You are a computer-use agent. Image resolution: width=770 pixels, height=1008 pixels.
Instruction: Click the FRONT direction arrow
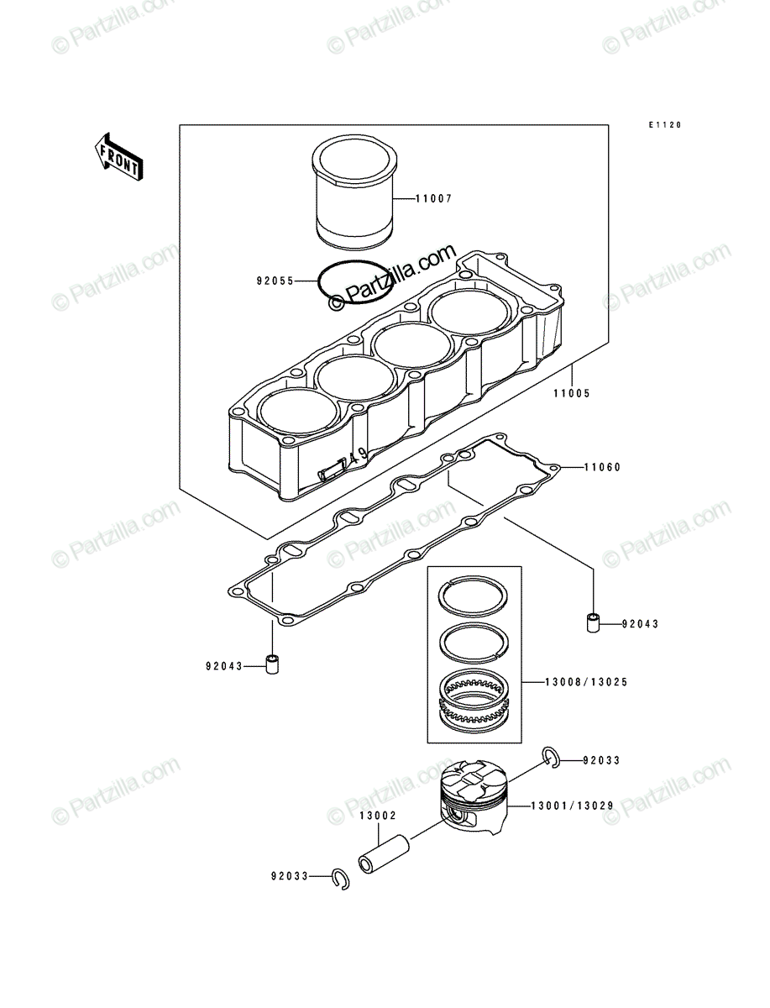pos(119,157)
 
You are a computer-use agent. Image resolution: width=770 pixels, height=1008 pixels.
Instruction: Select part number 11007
pos(433,199)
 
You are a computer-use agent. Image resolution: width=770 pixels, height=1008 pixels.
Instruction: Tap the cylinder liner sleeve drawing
pos(354,193)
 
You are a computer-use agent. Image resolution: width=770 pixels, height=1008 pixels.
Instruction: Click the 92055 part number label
pos(275,281)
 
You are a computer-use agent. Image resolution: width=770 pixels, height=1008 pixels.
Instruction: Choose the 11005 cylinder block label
pos(571,393)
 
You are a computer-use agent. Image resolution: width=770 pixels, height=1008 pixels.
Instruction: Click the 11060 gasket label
pos(602,468)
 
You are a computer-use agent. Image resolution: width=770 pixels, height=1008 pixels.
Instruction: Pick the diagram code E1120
pos(665,125)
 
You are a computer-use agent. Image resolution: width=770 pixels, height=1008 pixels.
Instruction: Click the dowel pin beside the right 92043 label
pos(594,622)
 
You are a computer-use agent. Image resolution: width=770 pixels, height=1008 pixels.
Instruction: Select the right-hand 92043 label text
pos(640,624)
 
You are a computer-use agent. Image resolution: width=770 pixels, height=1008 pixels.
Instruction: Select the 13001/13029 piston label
pos(572,806)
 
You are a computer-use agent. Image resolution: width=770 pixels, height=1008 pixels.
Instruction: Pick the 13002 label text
pos(378,816)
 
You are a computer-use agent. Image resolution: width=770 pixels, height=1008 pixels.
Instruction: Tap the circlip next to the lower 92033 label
pos(340,879)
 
